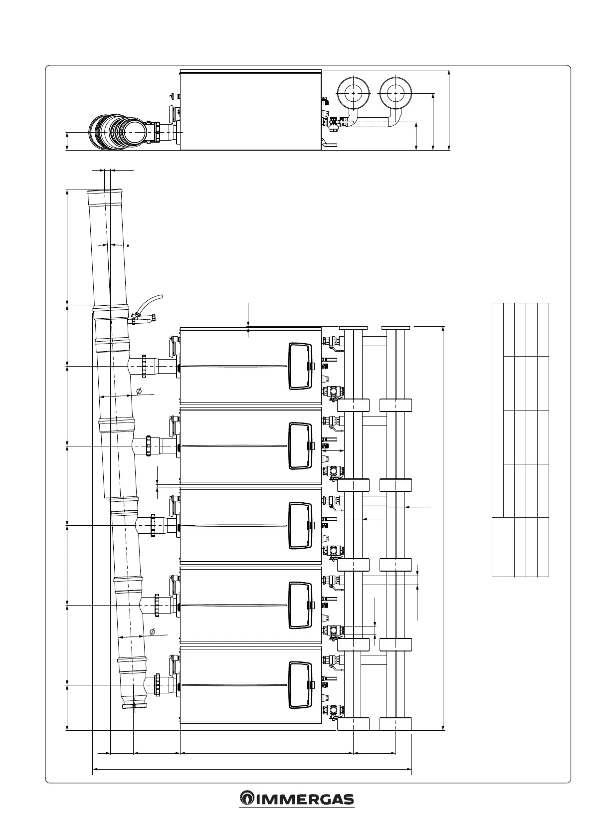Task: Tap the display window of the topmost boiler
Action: coord(300,366)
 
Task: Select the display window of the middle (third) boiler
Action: coord(300,525)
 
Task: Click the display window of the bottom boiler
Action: coord(300,685)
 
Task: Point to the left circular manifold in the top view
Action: coord(354,93)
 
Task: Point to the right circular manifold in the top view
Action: coord(396,93)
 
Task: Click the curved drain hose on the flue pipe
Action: coord(148,303)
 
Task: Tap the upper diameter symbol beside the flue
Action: coord(139,391)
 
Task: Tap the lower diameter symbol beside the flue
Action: coord(153,632)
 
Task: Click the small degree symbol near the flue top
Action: coord(128,246)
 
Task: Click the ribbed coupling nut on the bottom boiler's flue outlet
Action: coord(158,685)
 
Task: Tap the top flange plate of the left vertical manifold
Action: coord(354,328)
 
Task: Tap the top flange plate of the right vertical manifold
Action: coord(396,328)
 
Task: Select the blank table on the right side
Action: coord(520,439)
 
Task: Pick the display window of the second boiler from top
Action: coord(300,446)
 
